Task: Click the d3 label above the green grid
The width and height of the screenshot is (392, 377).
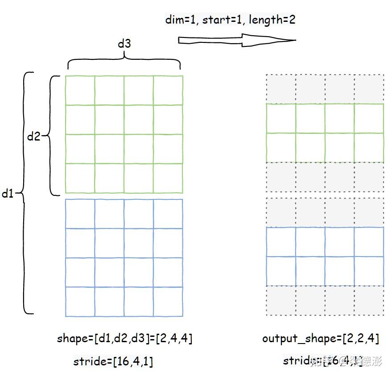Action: [x=124, y=44]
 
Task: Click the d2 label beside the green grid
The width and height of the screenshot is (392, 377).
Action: [x=33, y=137]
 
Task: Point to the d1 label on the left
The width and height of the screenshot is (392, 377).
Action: [x=8, y=194]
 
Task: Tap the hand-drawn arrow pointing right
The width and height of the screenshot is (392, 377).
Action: [x=236, y=41]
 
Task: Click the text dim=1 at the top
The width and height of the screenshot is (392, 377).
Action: [x=181, y=20]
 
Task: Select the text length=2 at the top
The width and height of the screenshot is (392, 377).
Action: [x=272, y=20]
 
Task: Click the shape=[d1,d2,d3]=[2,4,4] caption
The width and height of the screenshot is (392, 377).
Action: [x=124, y=338]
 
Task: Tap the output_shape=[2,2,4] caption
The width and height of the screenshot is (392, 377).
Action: [x=321, y=338]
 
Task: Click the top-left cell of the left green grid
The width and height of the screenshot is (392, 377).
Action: [x=80, y=91]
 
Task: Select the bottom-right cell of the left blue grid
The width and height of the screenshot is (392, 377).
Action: [x=168, y=301]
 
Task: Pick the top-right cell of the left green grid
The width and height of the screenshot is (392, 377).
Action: [x=168, y=91]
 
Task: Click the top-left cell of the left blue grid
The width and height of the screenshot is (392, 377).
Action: [x=80, y=214]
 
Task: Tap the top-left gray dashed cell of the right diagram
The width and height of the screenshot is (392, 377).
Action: [x=281, y=89]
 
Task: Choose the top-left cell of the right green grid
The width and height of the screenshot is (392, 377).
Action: [x=281, y=119]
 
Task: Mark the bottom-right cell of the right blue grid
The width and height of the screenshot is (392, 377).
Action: [x=369, y=271]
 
